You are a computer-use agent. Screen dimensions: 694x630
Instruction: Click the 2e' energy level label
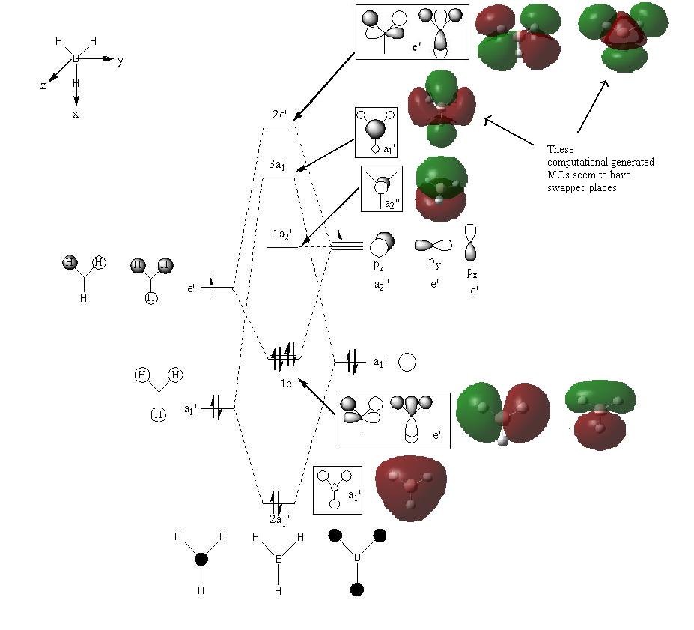[x=279, y=114]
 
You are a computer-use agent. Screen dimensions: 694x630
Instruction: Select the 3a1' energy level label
[x=278, y=165]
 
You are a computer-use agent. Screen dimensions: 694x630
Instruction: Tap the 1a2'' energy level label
[x=283, y=234]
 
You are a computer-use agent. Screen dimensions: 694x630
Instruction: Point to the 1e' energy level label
[x=287, y=383]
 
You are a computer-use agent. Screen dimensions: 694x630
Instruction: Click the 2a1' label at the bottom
[x=280, y=520]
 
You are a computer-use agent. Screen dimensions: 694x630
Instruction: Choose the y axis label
[x=121, y=60]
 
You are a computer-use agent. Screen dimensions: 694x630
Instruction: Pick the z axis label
[x=43, y=86]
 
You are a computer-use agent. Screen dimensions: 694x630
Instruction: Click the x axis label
[x=76, y=114]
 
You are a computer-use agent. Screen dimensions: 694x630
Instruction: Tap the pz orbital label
[x=378, y=266]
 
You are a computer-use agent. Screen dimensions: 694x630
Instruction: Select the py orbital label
[x=435, y=264]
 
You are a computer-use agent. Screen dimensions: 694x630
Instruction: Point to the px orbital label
[x=472, y=273]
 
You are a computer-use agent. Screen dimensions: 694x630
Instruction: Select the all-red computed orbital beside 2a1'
[x=411, y=488]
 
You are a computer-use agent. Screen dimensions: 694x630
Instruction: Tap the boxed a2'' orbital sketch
[x=382, y=189]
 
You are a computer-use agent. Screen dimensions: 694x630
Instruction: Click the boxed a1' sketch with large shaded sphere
[x=376, y=133]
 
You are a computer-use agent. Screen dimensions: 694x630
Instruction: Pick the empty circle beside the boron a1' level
[x=407, y=362]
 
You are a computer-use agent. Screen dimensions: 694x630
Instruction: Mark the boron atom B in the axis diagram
[x=76, y=59]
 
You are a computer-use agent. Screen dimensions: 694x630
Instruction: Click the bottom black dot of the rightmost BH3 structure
[x=357, y=590]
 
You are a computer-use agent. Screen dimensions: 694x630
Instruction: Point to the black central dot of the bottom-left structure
[x=201, y=559]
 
